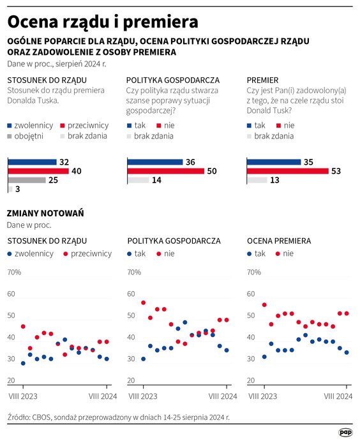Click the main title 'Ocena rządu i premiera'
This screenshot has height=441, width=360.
[x=102, y=21]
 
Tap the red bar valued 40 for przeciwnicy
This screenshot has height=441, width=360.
[x=37, y=171]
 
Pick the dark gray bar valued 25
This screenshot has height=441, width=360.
[x=26, y=181]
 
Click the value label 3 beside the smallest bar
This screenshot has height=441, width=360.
[x=18, y=190]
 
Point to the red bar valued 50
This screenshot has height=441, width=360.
[x=165, y=171]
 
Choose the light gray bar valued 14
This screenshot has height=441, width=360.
[x=137, y=181]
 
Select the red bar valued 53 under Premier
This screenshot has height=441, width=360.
[x=287, y=171]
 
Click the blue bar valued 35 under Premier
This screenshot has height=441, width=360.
[x=273, y=162]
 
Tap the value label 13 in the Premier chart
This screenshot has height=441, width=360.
[x=274, y=181]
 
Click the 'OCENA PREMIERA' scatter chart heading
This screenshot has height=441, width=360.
[x=278, y=241]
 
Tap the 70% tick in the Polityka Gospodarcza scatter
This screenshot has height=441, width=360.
[x=134, y=273]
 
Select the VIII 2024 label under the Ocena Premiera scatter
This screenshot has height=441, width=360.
[x=338, y=396]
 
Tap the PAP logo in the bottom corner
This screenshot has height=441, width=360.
[x=346, y=432]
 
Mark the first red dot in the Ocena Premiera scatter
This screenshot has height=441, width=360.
[x=264, y=305]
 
